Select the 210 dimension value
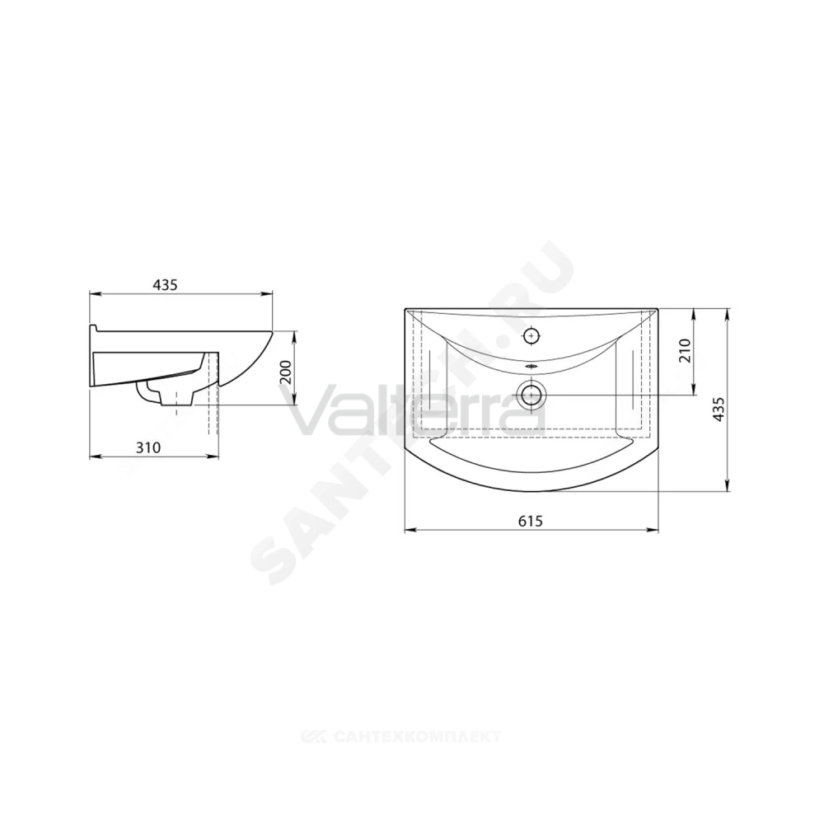[684, 351]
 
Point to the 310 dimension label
[148, 447]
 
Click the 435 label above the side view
[165, 285]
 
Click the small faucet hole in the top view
[531, 335]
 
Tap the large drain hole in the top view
[531, 394]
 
